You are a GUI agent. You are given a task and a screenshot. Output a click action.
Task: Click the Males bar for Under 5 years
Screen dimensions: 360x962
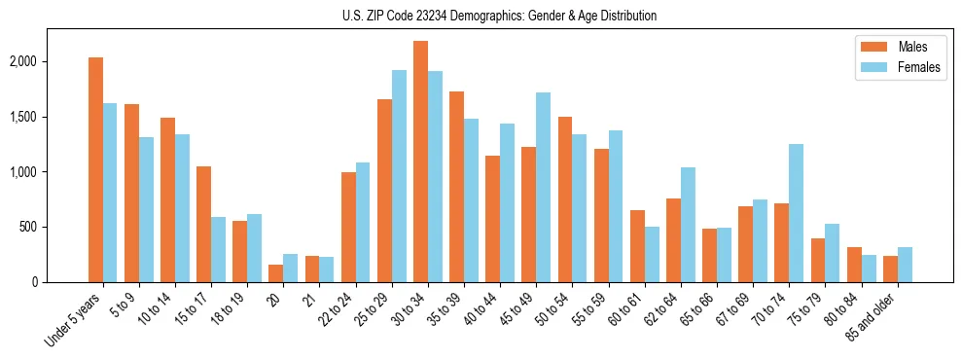[x=95, y=169]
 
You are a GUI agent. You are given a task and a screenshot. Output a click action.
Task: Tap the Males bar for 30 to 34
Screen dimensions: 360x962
[x=420, y=162]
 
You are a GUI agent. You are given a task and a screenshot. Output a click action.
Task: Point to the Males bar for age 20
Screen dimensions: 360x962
[x=276, y=273]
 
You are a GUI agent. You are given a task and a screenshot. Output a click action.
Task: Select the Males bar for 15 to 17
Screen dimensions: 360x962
[x=203, y=224]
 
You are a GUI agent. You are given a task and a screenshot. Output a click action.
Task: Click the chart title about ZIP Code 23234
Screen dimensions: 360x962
[x=499, y=16]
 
